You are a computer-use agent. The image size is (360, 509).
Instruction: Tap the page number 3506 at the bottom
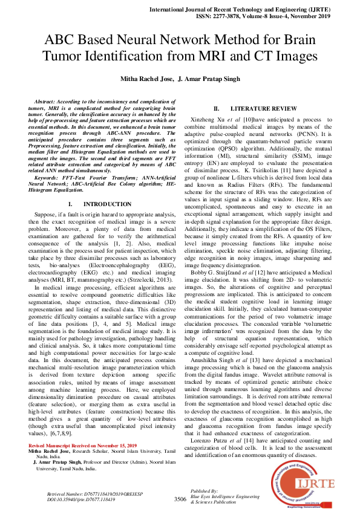click(180, 499)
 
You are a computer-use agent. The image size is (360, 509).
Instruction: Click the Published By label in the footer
click(203, 491)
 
